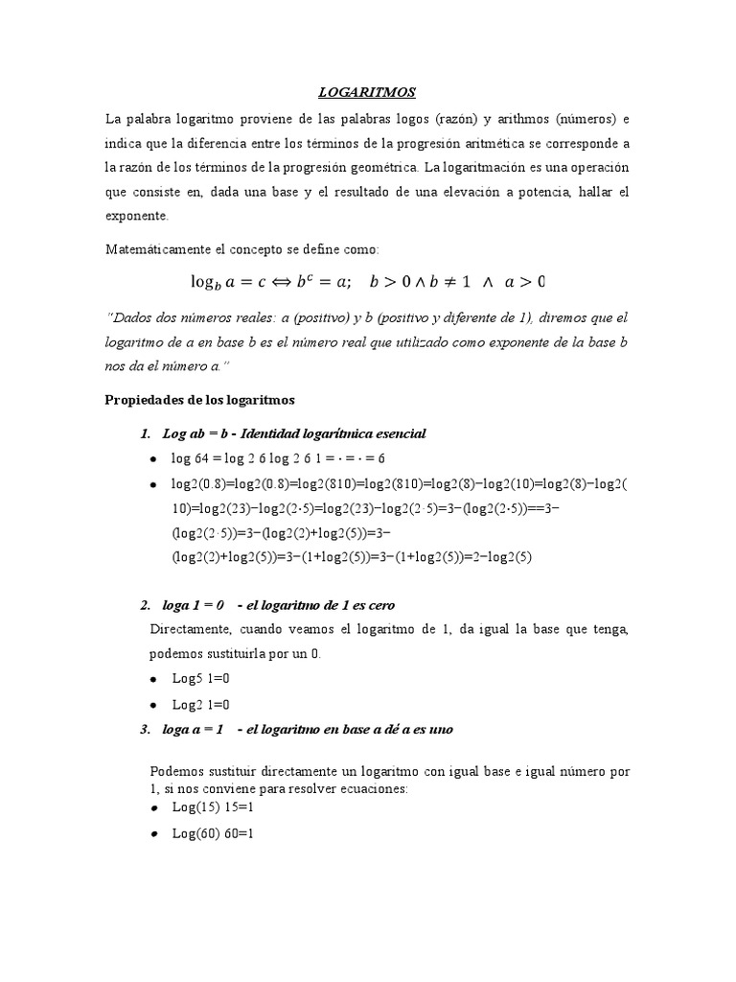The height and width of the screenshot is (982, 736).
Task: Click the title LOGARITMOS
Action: [x=367, y=92]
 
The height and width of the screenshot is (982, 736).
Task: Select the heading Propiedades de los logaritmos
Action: [x=200, y=400]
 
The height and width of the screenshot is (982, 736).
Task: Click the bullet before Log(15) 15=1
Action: [x=155, y=808]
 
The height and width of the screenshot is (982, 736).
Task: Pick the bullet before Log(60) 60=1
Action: [x=155, y=835]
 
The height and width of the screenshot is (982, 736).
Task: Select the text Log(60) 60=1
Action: [x=213, y=834]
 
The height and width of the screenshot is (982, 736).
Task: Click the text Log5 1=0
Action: [x=201, y=678]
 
